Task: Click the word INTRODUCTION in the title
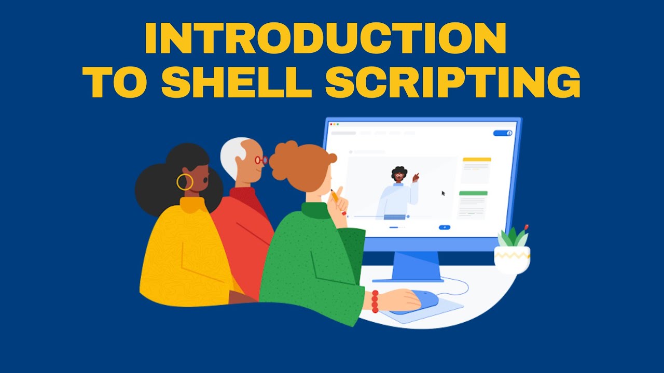[x=325, y=39]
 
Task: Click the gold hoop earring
[x=185, y=182]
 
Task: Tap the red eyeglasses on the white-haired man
[x=261, y=160]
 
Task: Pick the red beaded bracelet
[x=375, y=302]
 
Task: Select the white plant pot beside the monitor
[x=512, y=259]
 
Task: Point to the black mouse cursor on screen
[x=444, y=193]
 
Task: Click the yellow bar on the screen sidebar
[x=477, y=160]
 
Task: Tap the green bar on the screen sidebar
[x=473, y=193]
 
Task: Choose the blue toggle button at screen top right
[x=503, y=133]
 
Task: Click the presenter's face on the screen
[x=398, y=176]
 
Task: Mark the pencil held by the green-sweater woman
[x=335, y=195]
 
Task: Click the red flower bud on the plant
[x=527, y=227]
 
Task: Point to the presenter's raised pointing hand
[x=415, y=178]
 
